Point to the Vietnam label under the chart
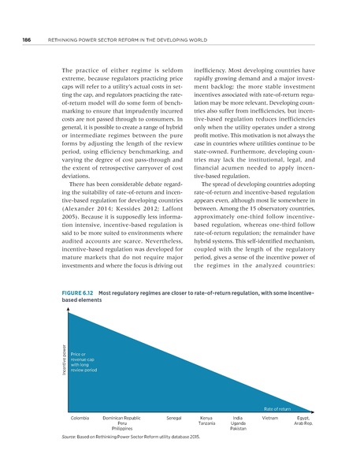[270, 416]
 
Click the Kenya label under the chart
[207, 416]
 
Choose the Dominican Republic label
[122, 416]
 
